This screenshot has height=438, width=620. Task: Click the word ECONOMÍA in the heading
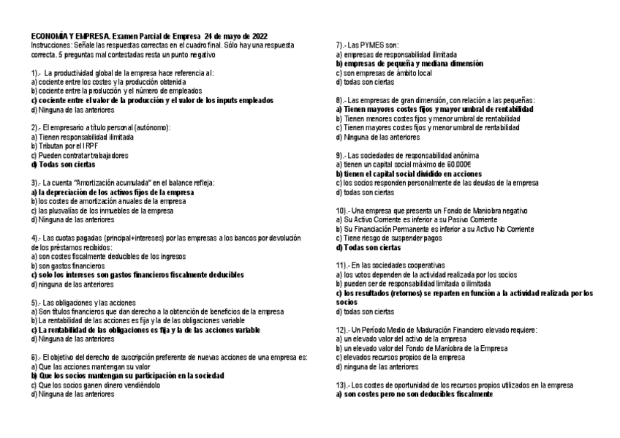(49, 36)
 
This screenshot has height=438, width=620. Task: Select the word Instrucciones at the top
(50, 45)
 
